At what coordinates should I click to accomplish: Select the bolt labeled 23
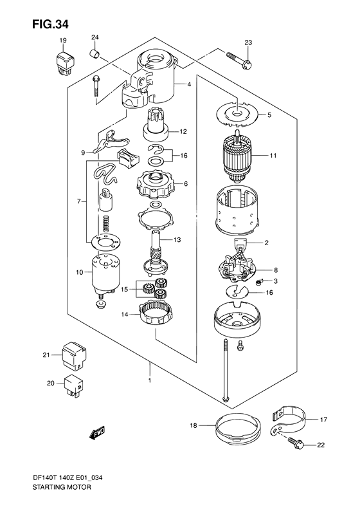tap(238, 61)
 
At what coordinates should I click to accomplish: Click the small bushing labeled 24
tap(94, 53)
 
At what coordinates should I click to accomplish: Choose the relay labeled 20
tap(72, 383)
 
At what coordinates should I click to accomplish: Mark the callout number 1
tap(150, 380)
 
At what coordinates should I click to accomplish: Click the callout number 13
tap(177, 240)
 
